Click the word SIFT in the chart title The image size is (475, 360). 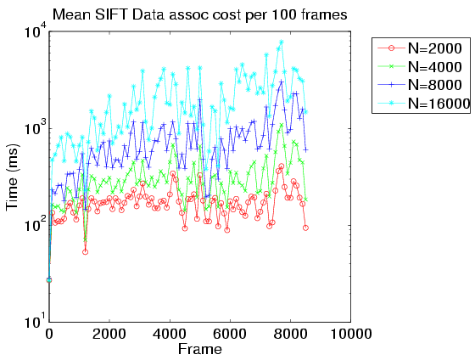pos(112,14)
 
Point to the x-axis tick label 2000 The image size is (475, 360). pos(109,334)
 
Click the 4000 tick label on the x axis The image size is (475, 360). pos(170,334)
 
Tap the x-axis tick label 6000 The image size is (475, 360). pos(230,334)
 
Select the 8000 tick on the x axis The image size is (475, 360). pos(290,334)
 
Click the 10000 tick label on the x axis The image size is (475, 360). pos(351,334)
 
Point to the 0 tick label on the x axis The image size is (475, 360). pos(49,334)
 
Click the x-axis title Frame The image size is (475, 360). pos(200,349)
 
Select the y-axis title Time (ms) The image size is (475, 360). pos(13,177)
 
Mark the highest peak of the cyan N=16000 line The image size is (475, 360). pos(282,42)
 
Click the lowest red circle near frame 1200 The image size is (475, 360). pos(85,251)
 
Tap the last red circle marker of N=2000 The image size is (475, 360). pos(305,228)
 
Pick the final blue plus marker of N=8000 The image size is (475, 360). pos(305,149)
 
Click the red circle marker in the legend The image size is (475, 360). pos(391,48)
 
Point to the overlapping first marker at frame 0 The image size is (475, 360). pos(49,280)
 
